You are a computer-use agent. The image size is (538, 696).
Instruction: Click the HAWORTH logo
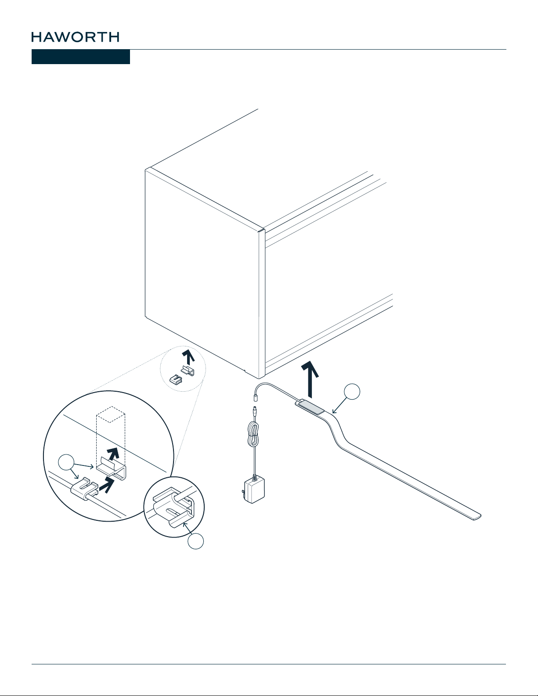tap(75, 37)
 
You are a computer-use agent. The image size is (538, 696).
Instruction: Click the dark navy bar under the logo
tap(81, 57)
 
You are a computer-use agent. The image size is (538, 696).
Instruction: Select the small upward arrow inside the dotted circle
tap(188, 357)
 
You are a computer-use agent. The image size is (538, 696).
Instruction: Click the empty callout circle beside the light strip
tap(352, 391)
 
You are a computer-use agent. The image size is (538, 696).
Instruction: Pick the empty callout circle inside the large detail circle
tap(66, 462)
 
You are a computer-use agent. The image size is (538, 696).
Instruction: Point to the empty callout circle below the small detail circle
tap(196, 541)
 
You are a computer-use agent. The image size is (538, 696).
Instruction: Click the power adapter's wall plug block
tap(255, 490)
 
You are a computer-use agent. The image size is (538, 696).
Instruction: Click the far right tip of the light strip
tap(480, 516)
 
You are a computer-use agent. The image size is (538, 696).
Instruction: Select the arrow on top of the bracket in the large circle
tap(113, 454)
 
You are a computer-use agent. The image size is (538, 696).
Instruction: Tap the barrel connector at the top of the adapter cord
tap(255, 411)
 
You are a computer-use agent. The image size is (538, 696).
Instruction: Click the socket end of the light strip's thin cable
tap(256, 399)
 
